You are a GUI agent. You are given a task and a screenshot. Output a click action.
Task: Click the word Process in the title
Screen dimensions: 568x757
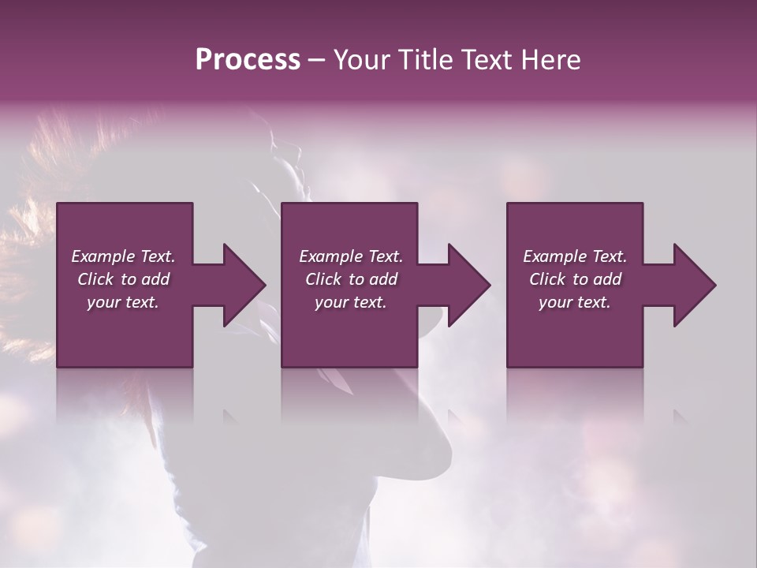point(248,60)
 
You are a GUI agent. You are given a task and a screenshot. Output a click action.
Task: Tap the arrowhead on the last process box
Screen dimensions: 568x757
point(693,285)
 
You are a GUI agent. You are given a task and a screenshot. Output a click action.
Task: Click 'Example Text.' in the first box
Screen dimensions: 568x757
point(123,256)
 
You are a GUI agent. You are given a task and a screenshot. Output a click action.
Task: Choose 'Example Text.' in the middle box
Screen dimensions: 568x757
point(351,256)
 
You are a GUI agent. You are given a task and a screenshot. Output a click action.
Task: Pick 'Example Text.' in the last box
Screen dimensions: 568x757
point(575,256)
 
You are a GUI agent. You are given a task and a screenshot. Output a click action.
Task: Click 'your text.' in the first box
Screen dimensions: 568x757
point(123,302)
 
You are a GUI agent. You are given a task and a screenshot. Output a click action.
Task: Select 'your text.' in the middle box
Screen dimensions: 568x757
point(351,302)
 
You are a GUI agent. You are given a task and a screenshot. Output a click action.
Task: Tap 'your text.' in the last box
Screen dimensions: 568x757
point(575,302)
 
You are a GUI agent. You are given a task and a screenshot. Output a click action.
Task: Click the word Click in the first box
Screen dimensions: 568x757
point(95,279)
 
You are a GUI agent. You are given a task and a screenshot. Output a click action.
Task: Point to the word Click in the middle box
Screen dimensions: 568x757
point(323,279)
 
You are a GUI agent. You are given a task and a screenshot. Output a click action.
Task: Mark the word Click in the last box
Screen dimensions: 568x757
point(547,279)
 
